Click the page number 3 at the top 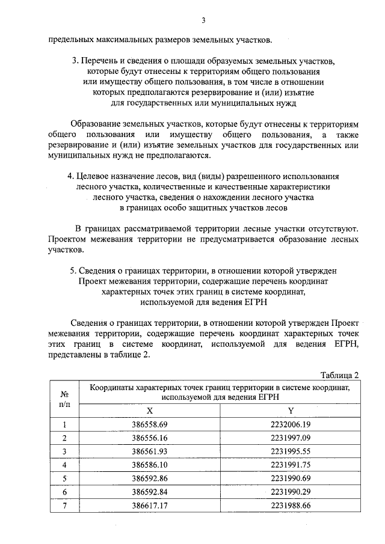click(203, 20)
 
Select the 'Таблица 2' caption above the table click(338, 375)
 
